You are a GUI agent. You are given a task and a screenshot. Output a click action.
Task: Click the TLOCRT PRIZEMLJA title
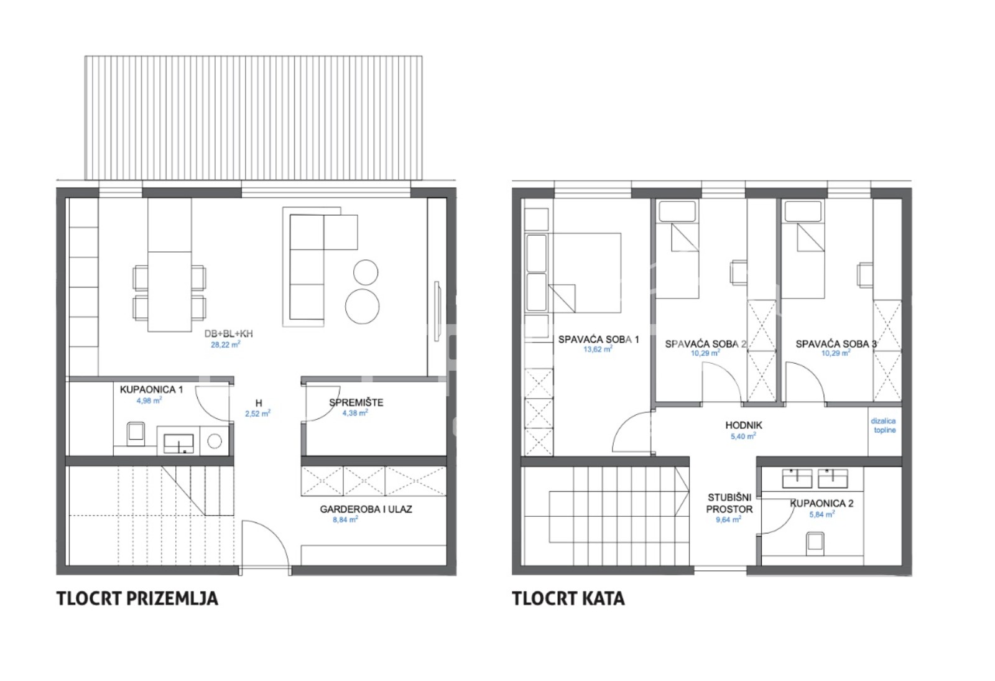[x=137, y=598]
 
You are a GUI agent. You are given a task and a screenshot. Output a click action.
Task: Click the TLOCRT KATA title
[x=568, y=598]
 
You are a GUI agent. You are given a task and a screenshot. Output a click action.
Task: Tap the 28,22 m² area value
[x=225, y=345]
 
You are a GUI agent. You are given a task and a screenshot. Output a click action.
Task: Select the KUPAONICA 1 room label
[x=151, y=390]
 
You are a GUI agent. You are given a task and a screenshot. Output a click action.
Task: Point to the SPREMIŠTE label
[x=356, y=402]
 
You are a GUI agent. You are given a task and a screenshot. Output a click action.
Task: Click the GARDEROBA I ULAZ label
[x=366, y=509]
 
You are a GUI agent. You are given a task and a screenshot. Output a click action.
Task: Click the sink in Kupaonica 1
[x=179, y=443]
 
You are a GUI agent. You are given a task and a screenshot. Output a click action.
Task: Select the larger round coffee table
[x=363, y=306]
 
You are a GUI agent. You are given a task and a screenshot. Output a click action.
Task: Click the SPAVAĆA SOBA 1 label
[x=598, y=340]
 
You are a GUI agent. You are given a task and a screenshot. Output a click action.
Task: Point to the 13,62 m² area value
[x=598, y=350]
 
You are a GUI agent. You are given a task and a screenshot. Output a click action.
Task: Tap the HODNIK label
[x=743, y=425]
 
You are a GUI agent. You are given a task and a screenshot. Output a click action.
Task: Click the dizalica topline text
[x=883, y=425]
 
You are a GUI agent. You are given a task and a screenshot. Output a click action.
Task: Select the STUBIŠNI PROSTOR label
[x=729, y=503]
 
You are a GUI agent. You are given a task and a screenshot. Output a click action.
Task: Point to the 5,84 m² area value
[x=821, y=514]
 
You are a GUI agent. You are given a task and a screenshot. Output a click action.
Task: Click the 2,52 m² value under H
[x=257, y=413]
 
